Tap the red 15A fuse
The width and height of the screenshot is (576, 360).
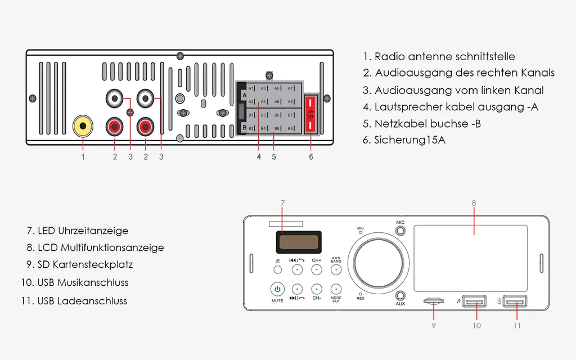point(310,115)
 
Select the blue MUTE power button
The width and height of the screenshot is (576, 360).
point(277,290)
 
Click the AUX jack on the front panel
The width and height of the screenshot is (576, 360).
point(400,295)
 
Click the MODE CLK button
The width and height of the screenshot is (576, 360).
point(336,290)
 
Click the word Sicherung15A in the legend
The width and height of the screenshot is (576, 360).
point(409,140)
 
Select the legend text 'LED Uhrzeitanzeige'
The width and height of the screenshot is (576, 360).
point(83,231)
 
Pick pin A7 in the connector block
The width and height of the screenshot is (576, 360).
point(290,89)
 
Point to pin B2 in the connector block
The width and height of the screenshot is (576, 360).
point(251,129)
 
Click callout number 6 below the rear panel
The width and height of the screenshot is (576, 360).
point(311,157)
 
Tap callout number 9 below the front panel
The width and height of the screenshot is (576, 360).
point(434,325)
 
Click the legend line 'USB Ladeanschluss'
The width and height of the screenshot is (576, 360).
point(82,301)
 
